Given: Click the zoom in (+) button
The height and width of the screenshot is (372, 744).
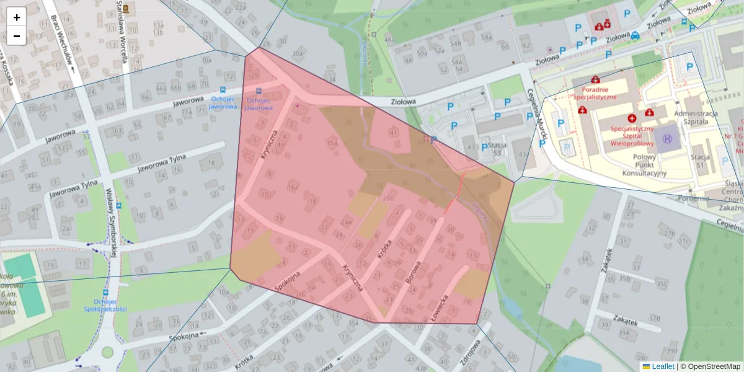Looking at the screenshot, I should (17, 17).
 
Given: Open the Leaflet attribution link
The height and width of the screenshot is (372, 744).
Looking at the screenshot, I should (658, 366).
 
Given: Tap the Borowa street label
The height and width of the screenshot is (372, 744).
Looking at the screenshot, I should (412, 273).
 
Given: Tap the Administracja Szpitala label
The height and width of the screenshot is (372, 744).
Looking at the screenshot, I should (695, 118).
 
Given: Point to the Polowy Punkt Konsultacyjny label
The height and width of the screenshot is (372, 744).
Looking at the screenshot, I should (644, 165).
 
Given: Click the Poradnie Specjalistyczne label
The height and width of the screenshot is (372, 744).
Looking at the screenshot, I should (595, 93).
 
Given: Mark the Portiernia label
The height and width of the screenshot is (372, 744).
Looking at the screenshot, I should (693, 198).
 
